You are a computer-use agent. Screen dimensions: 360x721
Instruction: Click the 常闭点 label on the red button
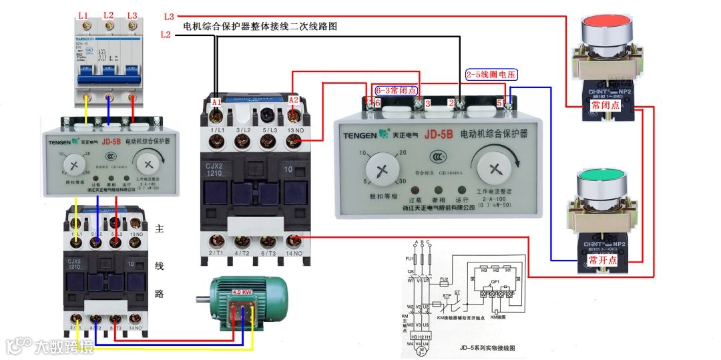click(606, 106)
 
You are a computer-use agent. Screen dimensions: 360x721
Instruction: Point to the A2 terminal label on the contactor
click(293, 100)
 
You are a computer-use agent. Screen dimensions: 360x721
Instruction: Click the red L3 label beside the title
click(169, 15)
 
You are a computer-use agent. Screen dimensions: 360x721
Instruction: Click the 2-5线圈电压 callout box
click(491, 75)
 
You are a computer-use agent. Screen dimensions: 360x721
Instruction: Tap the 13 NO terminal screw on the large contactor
click(292, 141)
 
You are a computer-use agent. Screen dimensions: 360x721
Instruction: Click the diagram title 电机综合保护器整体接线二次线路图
click(260, 27)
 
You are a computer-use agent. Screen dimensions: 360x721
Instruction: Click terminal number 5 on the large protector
click(500, 104)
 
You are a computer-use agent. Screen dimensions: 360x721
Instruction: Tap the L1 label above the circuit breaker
click(83, 15)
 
